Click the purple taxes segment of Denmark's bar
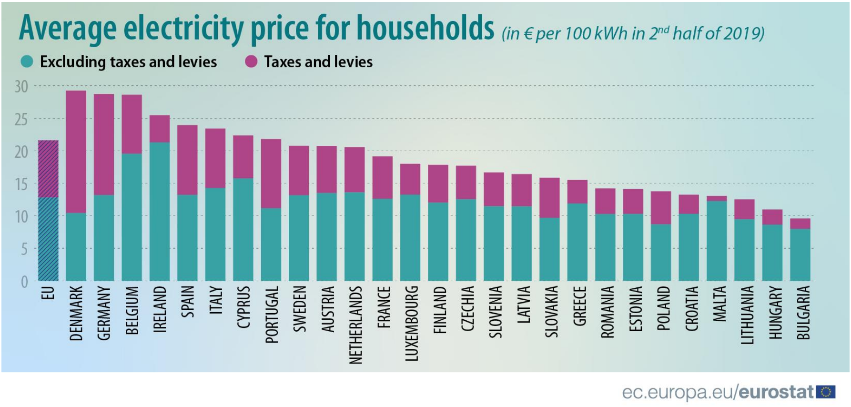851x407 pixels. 76,152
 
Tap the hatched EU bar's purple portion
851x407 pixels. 48,168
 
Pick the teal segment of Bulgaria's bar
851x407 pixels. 800,255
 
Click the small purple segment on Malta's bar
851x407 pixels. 717,198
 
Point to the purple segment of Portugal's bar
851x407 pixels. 271,173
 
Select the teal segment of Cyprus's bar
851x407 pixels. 243,229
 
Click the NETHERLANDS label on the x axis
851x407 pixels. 355,325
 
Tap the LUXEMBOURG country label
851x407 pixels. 411,323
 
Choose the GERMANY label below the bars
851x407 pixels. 104,313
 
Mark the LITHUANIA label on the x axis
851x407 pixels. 747,315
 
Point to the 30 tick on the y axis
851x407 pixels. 21,87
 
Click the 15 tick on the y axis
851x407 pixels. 21,184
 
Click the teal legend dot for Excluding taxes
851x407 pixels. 27,61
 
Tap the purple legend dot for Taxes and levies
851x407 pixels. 251,61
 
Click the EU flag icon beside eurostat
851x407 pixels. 826,392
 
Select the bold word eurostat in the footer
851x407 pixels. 776,392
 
